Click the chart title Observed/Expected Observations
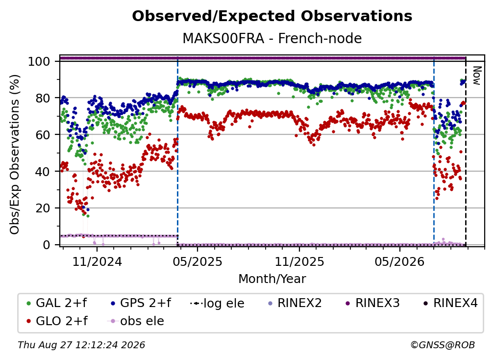(272, 16)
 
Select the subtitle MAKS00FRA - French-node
(272, 38)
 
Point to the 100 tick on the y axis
(39, 61)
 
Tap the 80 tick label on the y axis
(43, 98)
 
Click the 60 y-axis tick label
(43, 134)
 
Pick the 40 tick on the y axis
(43, 172)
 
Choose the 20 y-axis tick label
(43, 208)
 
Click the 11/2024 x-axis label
(97, 261)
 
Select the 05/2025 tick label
(198, 261)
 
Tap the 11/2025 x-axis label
(299, 261)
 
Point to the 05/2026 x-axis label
(400, 261)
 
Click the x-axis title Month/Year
(272, 279)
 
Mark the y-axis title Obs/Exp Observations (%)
(15, 154)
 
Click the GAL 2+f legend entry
(57, 303)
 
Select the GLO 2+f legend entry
(57, 321)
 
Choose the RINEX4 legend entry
(450, 303)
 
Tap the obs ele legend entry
(136, 321)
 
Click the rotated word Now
(477, 76)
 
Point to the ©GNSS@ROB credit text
(443, 345)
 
